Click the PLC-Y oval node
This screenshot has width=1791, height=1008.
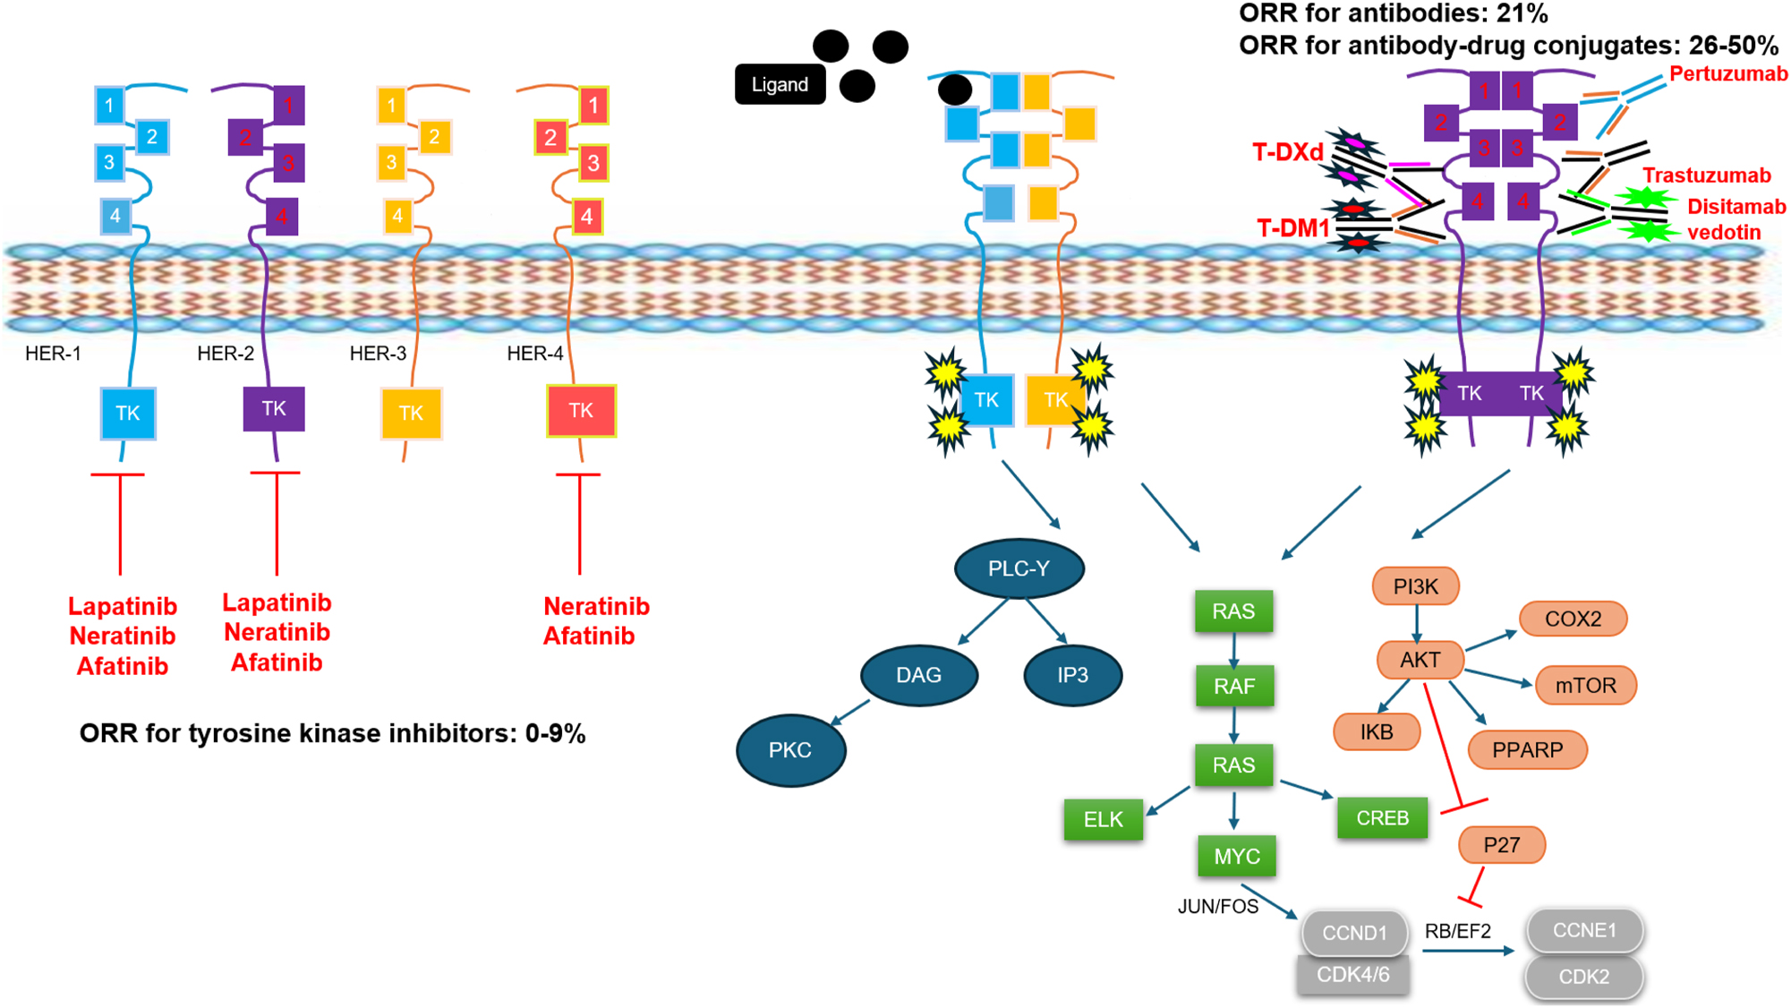[1019, 568]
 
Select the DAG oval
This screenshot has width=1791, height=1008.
[918, 675]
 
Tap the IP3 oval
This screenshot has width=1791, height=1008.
[1072, 675]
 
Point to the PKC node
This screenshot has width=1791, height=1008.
[790, 750]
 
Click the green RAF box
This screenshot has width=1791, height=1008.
[1233, 687]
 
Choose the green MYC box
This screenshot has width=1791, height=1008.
[1237, 857]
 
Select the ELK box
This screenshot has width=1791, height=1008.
[1103, 820]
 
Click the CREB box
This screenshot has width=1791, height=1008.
[1382, 818]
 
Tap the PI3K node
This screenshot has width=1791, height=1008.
[1415, 586]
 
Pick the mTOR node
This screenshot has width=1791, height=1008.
[1585, 686]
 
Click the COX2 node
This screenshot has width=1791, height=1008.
[1573, 619]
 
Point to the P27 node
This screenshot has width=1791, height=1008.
[1501, 845]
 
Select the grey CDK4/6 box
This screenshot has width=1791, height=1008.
[1352, 975]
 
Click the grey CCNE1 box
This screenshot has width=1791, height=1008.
[1584, 931]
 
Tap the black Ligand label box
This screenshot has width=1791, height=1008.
[780, 85]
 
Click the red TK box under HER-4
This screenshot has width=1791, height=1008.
[581, 411]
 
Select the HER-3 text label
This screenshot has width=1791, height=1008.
[378, 354]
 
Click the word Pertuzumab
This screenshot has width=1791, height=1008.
[1728, 74]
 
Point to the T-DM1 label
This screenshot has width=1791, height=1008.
[1292, 228]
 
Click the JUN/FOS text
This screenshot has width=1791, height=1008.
[1217, 907]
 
